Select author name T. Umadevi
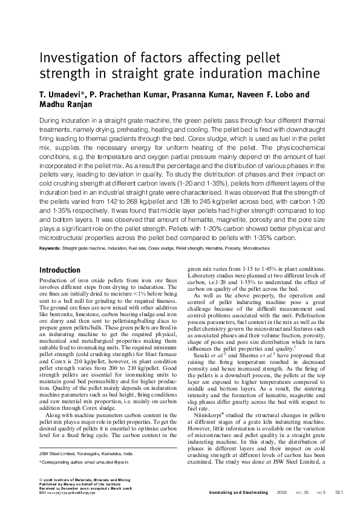tap(61, 95)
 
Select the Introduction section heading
tap(59, 270)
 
